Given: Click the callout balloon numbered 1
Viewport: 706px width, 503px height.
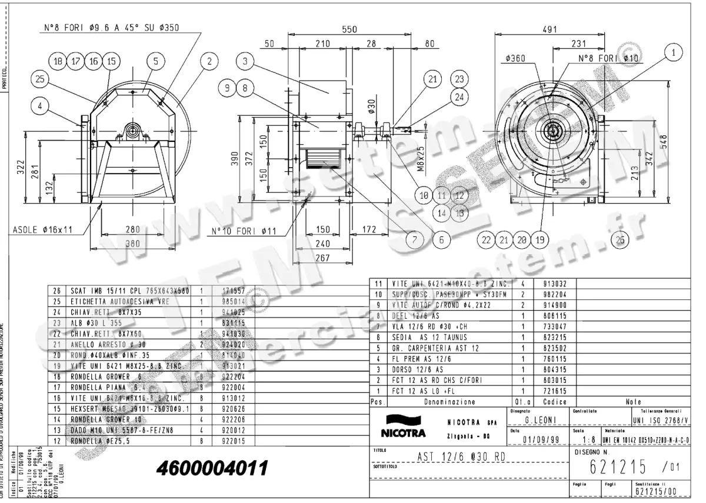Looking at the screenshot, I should pos(670,53).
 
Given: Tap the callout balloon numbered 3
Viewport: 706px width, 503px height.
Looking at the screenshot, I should pos(246,60).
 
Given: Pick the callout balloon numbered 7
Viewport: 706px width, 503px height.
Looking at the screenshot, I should pos(414,239).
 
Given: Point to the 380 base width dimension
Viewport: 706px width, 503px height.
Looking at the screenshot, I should pos(135,242).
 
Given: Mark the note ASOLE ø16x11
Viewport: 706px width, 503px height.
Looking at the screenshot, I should pos(42,229).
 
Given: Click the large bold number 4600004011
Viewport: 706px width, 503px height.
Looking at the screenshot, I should pos(212,468).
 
